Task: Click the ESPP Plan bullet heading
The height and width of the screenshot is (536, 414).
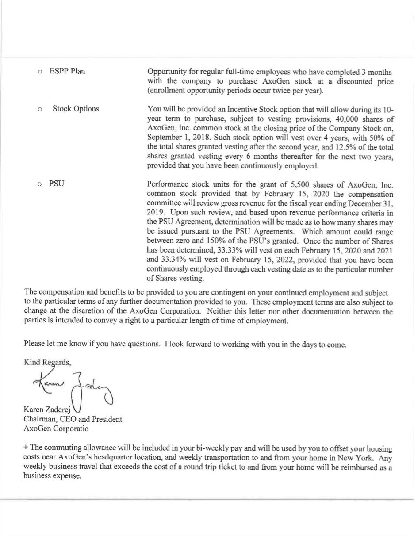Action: click(x=67, y=71)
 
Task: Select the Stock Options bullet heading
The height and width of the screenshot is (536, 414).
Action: click(x=76, y=109)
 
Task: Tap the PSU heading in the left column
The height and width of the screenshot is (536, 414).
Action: click(x=57, y=184)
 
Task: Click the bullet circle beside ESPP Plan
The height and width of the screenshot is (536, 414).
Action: click(x=40, y=71)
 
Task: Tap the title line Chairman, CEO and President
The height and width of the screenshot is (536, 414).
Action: click(x=73, y=419)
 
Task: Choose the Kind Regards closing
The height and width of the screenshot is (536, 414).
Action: click(x=47, y=362)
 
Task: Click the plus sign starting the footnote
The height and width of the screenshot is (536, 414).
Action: click(x=26, y=448)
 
